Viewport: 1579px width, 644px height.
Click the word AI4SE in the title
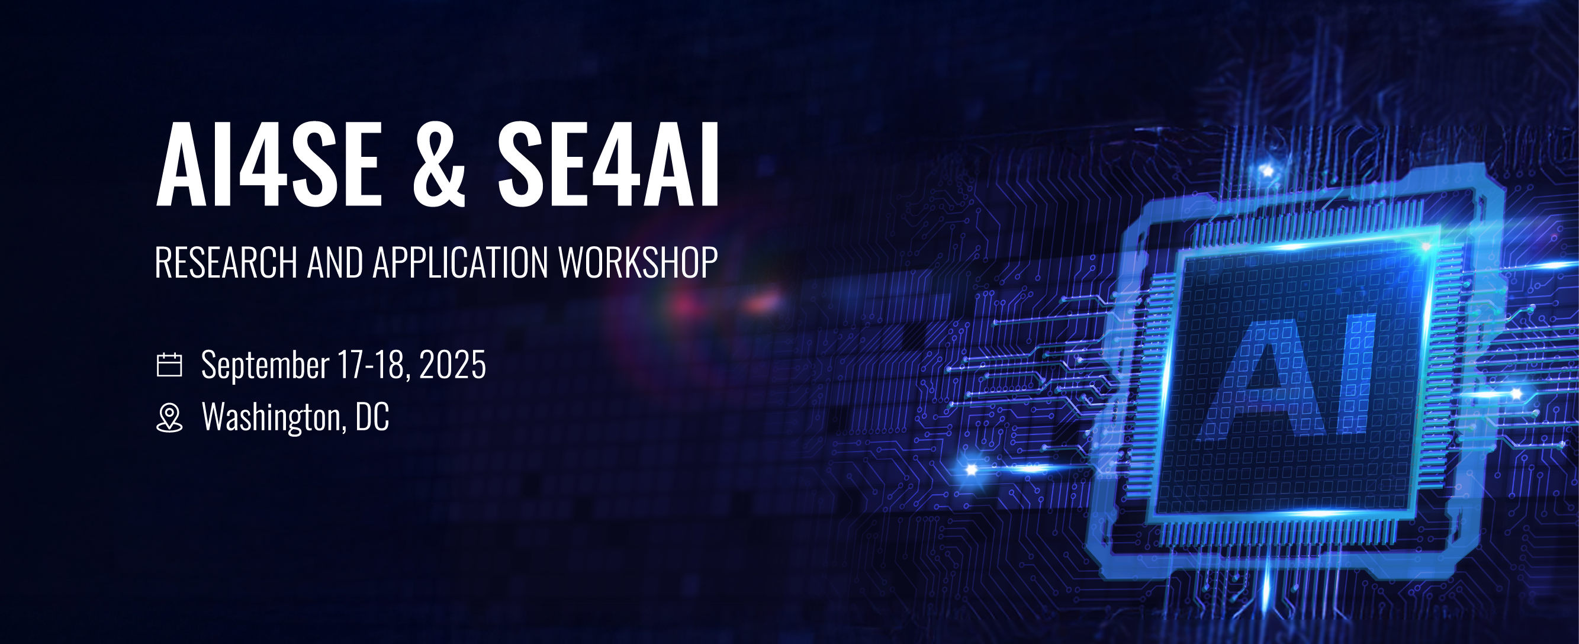270,163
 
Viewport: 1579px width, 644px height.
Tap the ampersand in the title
439,163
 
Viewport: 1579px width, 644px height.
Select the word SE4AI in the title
608,163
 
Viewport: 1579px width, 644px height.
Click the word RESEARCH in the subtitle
226,262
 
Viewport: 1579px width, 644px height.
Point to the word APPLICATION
461,262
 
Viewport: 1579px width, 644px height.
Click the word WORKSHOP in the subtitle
638,262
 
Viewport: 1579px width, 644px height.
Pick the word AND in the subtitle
335,262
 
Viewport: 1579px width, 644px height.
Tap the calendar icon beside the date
169,365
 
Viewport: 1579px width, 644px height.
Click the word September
265,366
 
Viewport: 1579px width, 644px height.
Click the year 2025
452,365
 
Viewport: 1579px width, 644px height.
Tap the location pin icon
169,418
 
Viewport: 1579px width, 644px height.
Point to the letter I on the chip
1356,373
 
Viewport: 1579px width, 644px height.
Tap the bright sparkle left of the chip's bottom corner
972,470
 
